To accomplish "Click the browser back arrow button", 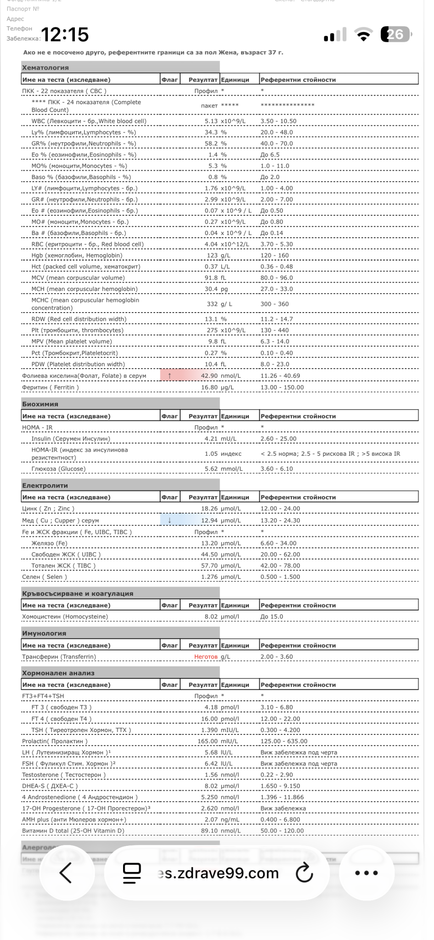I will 66,873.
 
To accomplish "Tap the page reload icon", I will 304,873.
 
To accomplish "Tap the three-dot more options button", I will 366,873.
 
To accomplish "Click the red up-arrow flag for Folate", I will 169,376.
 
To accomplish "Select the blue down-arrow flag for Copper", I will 169,520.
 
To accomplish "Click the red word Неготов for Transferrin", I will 206,657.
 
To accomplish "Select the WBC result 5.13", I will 211,121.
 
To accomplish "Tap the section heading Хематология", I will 45,67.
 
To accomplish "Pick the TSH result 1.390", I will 209,730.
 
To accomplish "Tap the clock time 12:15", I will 66,35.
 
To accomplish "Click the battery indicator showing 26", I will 396,35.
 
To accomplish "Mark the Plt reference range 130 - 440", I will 275,330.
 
